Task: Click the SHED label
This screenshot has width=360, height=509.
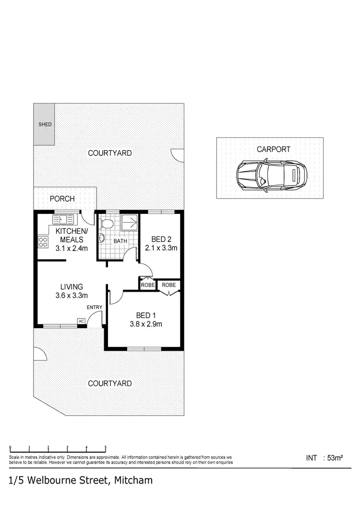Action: (x=45, y=124)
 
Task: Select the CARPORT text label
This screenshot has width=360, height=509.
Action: (x=273, y=149)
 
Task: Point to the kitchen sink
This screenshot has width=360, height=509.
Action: (x=63, y=220)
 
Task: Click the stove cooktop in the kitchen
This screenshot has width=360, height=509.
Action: (x=43, y=242)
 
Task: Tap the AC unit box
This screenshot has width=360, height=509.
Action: (x=81, y=321)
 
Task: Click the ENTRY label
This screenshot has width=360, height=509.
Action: (x=94, y=307)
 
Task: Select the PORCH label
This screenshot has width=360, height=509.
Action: (x=62, y=199)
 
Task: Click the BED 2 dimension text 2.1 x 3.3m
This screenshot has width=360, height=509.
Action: (x=161, y=248)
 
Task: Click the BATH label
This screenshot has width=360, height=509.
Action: (x=120, y=241)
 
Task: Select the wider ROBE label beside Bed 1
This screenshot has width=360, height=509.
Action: (x=168, y=285)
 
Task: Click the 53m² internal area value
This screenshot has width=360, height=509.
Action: (x=334, y=458)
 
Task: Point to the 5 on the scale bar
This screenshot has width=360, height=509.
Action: (x=105, y=448)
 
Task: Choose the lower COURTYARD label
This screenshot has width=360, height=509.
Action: (x=109, y=383)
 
